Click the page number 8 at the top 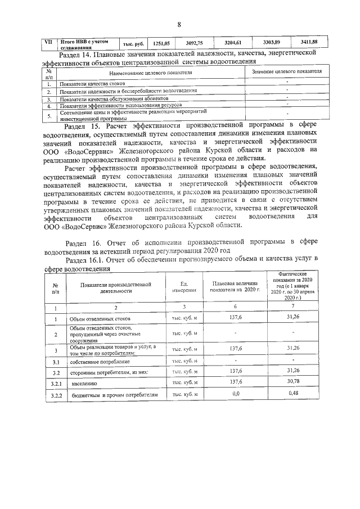179,25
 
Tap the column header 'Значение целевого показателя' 286,72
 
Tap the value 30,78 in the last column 291,382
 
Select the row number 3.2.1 56,384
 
